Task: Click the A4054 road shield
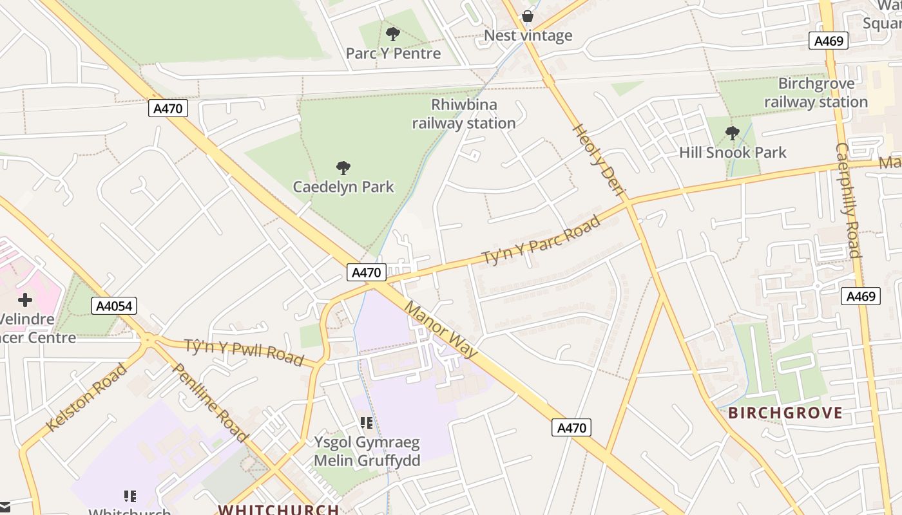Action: pyautogui.click(x=114, y=306)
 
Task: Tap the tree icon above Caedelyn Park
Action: pyautogui.click(x=343, y=168)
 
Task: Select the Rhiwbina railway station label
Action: pyautogui.click(x=464, y=114)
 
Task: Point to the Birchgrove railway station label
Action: pyautogui.click(x=816, y=93)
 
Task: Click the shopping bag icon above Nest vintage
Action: pyautogui.click(x=528, y=16)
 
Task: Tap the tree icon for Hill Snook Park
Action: pyautogui.click(x=732, y=133)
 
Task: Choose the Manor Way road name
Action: pyautogui.click(x=441, y=328)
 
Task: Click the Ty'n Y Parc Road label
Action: pyautogui.click(x=541, y=239)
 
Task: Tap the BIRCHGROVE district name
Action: pyautogui.click(x=785, y=413)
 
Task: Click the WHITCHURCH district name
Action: pyautogui.click(x=278, y=509)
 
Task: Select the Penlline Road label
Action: pyautogui.click(x=210, y=402)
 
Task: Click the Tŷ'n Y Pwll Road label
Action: pyautogui.click(x=244, y=351)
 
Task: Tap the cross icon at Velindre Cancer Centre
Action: pyautogui.click(x=25, y=300)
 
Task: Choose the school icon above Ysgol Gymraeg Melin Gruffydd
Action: pyautogui.click(x=367, y=423)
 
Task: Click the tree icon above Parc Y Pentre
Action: pyautogui.click(x=392, y=34)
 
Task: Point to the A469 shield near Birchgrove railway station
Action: pyautogui.click(x=828, y=41)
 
